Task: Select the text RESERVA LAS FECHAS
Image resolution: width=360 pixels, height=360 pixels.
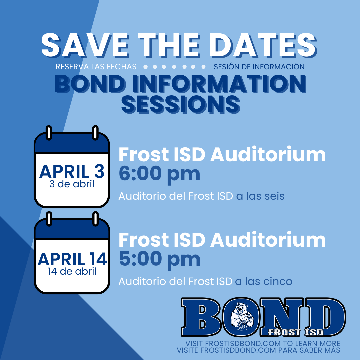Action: (x=96, y=67)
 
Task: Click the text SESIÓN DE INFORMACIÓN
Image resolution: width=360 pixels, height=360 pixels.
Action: (x=259, y=67)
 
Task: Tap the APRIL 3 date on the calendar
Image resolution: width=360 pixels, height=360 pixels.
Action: (x=72, y=171)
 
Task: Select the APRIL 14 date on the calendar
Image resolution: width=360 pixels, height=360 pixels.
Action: (x=72, y=259)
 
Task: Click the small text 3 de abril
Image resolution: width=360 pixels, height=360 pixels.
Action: (x=72, y=184)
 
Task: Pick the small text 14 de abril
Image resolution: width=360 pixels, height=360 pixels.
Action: (x=72, y=271)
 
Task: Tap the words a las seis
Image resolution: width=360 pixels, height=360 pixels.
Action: (x=260, y=196)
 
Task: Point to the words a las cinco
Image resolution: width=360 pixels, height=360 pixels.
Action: (x=264, y=281)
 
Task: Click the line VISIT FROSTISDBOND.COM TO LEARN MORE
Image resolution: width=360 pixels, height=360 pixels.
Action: (x=263, y=343)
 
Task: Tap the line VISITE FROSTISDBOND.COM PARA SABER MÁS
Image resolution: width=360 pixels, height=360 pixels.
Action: (x=258, y=350)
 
